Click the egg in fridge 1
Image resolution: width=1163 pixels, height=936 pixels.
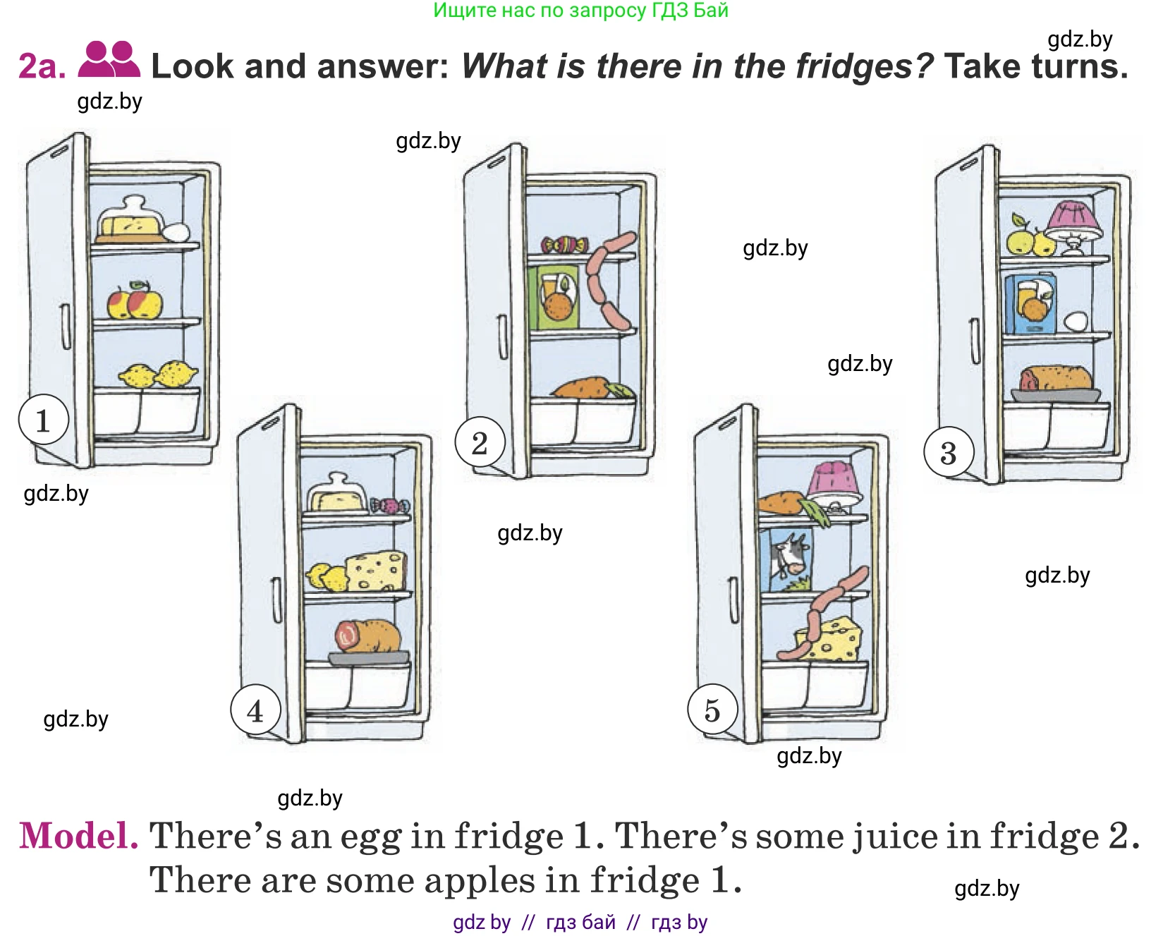[x=176, y=232]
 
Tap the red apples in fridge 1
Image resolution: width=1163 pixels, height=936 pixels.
[x=135, y=300]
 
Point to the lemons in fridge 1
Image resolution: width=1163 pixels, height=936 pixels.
[x=158, y=375]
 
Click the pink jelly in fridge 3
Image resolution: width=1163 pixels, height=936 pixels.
[x=1073, y=228]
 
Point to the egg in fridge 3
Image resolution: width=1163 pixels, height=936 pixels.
[x=1076, y=322]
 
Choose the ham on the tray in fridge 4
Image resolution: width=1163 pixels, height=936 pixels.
[x=367, y=636]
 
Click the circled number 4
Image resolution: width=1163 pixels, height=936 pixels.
[x=255, y=710]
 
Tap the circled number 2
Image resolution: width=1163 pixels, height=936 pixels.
[x=480, y=443]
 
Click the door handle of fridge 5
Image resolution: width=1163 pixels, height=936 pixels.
[x=734, y=600]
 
